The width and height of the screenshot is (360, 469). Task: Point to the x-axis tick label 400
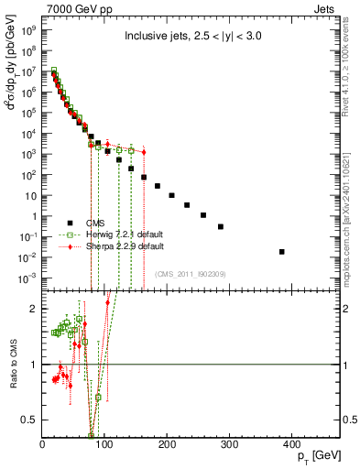click(289, 447)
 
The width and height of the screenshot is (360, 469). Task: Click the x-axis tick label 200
click(166, 447)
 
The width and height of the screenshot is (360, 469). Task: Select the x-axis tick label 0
click(43, 447)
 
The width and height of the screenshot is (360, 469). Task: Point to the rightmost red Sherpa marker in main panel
click(144, 152)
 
